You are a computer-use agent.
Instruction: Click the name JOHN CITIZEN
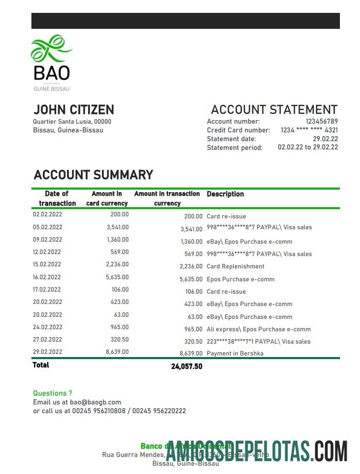click(x=74, y=110)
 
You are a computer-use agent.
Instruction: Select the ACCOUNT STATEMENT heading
click(x=274, y=110)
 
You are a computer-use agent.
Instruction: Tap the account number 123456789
click(x=321, y=122)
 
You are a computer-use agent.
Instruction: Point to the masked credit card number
click(x=309, y=130)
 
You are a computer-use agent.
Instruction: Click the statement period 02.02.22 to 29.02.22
click(x=308, y=147)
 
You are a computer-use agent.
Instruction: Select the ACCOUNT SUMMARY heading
click(x=93, y=175)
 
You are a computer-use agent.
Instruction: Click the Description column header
click(x=225, y=194)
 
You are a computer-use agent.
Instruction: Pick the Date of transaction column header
click(x=57, y=198)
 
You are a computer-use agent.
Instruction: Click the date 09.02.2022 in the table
click(x=47, y=240)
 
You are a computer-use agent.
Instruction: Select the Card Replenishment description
click(x=235, y=266)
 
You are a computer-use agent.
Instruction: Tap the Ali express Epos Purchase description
click(x=259, y=329)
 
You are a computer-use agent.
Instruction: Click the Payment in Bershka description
click(x=235, y=354)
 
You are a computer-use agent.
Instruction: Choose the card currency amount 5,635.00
click(x=117, y=277)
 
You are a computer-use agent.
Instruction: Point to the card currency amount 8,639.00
click(x=117, y=352)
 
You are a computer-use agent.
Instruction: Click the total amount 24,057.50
click(x=186, y=367)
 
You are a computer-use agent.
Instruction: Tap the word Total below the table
click(x=41, y=365)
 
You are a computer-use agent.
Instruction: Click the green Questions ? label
click(x=53, y=393)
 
